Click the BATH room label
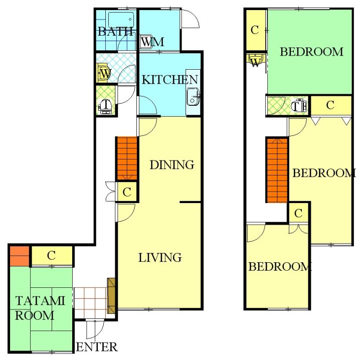115,31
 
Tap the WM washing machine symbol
146,42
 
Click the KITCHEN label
169,80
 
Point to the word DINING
172,165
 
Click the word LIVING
160,257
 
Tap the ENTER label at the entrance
97,347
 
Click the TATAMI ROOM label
40,308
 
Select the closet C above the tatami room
52,256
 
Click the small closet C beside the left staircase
127,192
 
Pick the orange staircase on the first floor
127,158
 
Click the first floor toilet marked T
105,106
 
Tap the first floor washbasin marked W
103,73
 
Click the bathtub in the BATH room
121,20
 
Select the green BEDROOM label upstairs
311,52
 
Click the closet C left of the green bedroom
255,30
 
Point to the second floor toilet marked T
299,106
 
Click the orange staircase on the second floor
277,170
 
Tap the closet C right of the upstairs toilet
330,105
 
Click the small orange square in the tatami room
20,256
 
